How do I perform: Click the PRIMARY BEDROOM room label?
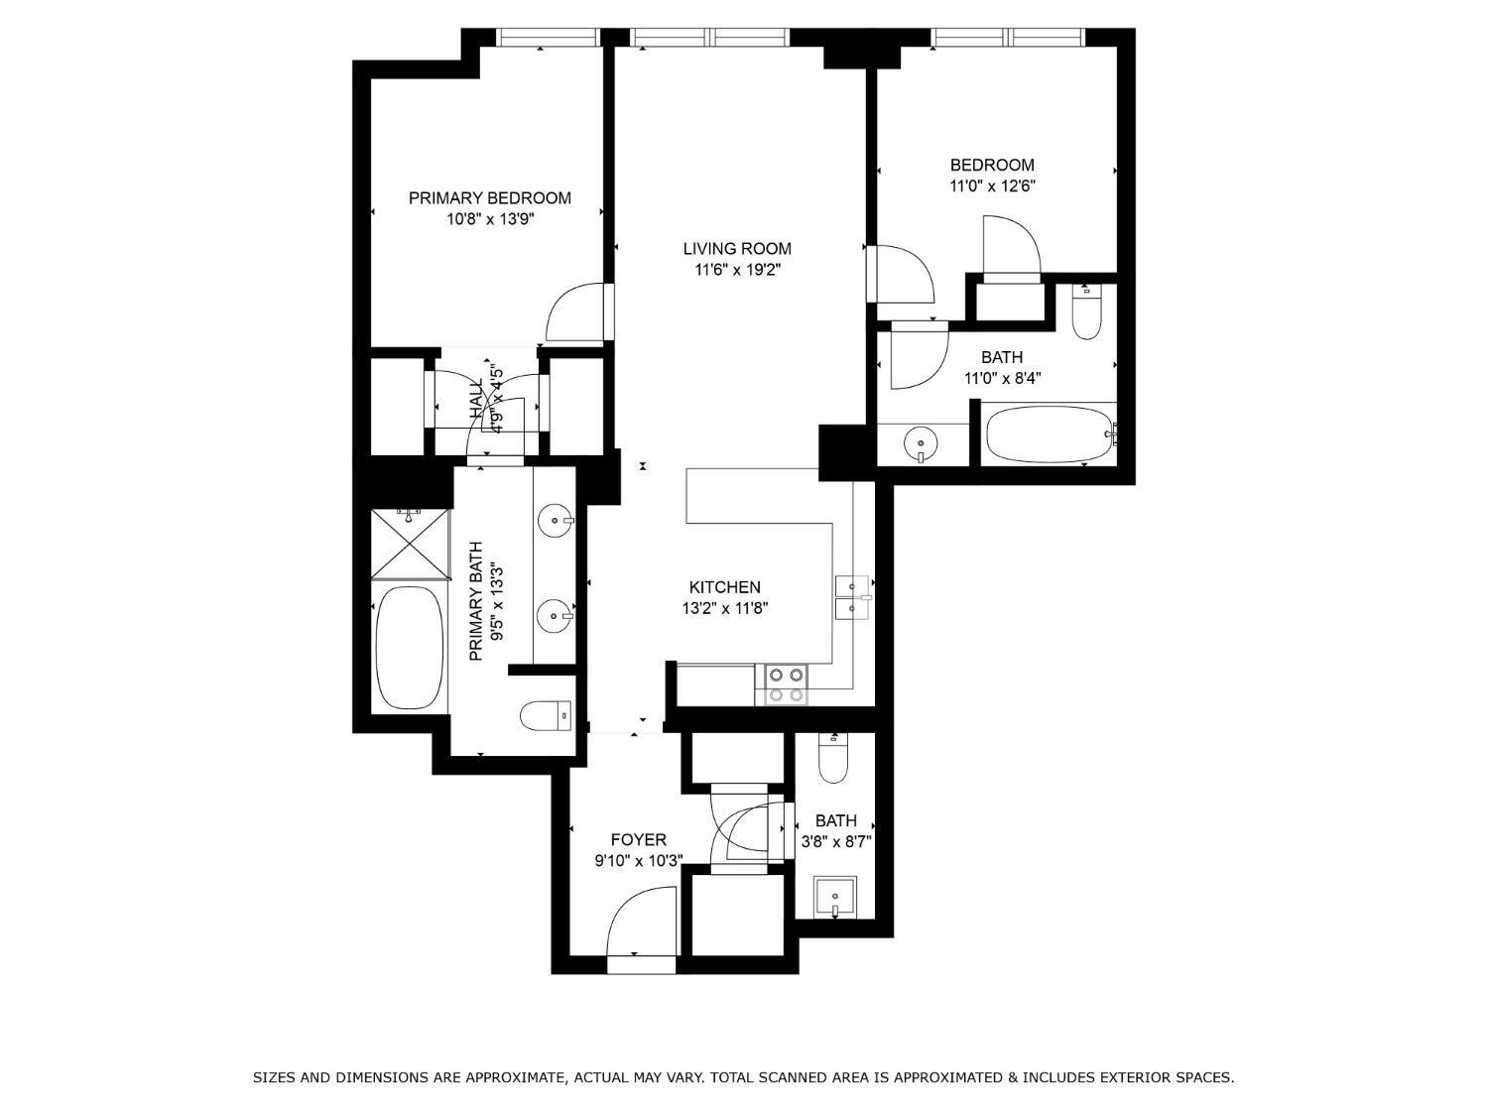click(489, 198)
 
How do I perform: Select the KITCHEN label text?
click(724, 587)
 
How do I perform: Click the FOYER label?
click(638, 840)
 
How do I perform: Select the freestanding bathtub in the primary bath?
click(410, 647)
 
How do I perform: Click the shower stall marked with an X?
click(410, 544)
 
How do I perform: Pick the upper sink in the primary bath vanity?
click(554, 520)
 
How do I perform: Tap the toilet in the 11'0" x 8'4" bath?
click(1087, 312)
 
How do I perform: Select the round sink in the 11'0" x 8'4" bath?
click(923, 443)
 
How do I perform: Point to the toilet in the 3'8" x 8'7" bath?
click(834, 759)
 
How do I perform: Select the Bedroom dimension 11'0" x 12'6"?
click(992, 186)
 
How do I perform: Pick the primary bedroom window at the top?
click(548, 38)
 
